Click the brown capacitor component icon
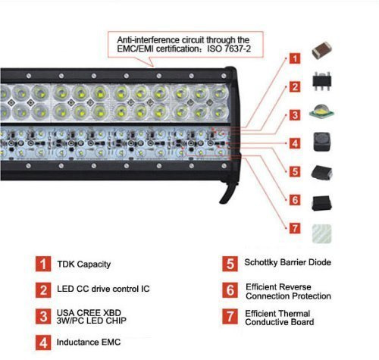click(321, 50)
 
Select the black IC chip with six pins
click(321, 81)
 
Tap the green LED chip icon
click(321, 112)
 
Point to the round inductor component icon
click(322, 142)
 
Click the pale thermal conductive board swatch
click(321, 233)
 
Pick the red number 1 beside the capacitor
click(295, 58)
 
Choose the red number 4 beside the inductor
click(295, 143)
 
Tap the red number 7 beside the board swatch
click(295, 229)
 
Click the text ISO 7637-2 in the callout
click(229, 49)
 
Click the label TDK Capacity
click(84, 265)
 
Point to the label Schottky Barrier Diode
click(288, 262)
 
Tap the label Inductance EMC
click(89, 342)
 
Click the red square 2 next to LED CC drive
click(43, 290)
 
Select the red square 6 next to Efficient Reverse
click(230, 290)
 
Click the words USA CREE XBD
click(89, 313)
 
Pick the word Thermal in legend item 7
click(294, 314)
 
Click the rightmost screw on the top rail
click(224, 76)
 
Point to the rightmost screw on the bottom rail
click(224, 166)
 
